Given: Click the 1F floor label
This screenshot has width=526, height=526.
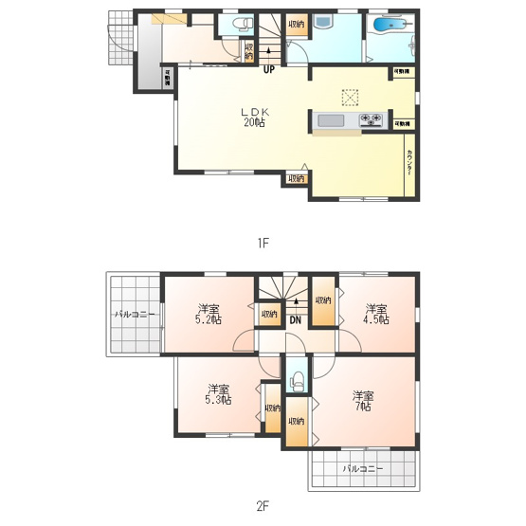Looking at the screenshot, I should coord(263,242).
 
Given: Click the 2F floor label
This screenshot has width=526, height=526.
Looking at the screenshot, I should coord(263,506).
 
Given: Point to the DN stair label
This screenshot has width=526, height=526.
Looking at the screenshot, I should coord(296,319).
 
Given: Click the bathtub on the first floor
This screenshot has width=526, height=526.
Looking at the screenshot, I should coord(389,26).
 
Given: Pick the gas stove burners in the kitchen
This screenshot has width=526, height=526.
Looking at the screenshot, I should coord(370,120).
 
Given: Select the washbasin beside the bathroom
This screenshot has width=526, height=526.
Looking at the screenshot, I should coord(321,23).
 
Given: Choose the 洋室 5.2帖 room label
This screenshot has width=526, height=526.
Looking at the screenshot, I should coord(209,314).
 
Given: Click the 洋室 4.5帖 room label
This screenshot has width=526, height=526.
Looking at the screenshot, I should coord(374,314).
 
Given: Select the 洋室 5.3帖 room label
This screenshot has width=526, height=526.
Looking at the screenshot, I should coord(219,393).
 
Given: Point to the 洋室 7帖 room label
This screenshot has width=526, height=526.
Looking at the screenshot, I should coord(362,400).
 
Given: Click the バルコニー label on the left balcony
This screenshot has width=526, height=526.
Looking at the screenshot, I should coord(133,313).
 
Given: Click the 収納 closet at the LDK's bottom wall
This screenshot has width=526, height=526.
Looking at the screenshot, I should coord(296,178).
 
